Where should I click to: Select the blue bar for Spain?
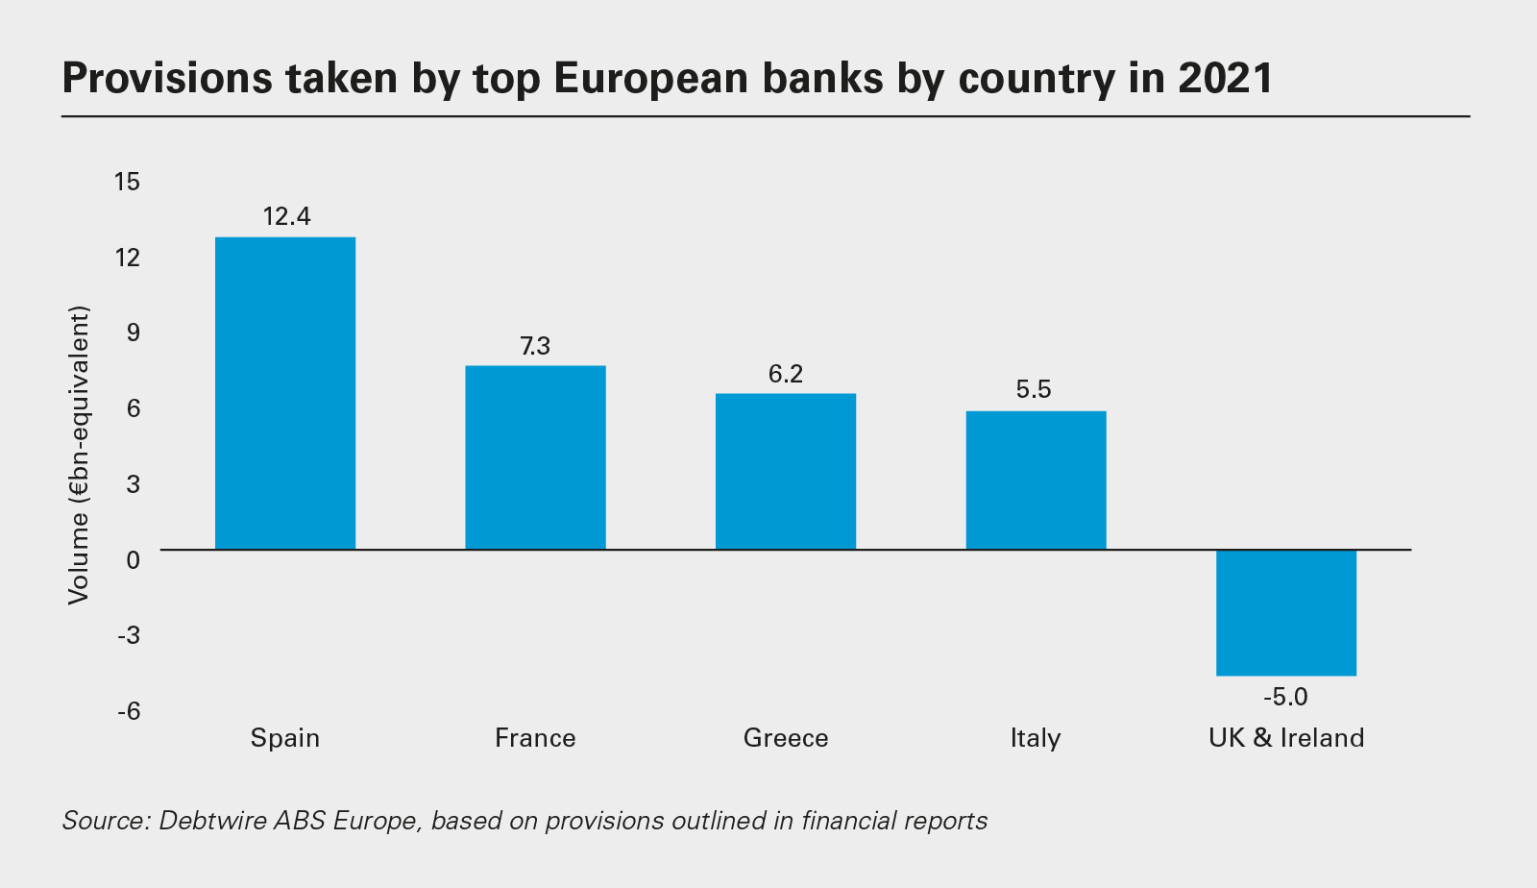[285, 393]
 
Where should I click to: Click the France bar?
[535, 457]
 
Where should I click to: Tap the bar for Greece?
[786, 471]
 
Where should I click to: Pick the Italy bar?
[1036, 481]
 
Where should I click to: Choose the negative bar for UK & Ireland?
[1286, 612]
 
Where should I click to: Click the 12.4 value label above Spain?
[286, 216]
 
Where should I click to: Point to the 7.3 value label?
[535, 346]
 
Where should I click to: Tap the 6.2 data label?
[786, 374]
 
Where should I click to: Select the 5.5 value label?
[1034, 389]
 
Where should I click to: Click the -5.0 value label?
[1285, 697]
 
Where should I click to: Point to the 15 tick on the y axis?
[127, 181]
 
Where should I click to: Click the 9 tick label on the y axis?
[133, 333]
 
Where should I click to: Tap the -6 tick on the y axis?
[129, 711]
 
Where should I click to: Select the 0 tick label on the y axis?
[133, 559]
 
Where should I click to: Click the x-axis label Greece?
[786, 738]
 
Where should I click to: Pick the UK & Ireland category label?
[1286, 738]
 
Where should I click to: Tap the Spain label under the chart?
[285, 738]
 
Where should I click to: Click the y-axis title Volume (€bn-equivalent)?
[79, 455]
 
